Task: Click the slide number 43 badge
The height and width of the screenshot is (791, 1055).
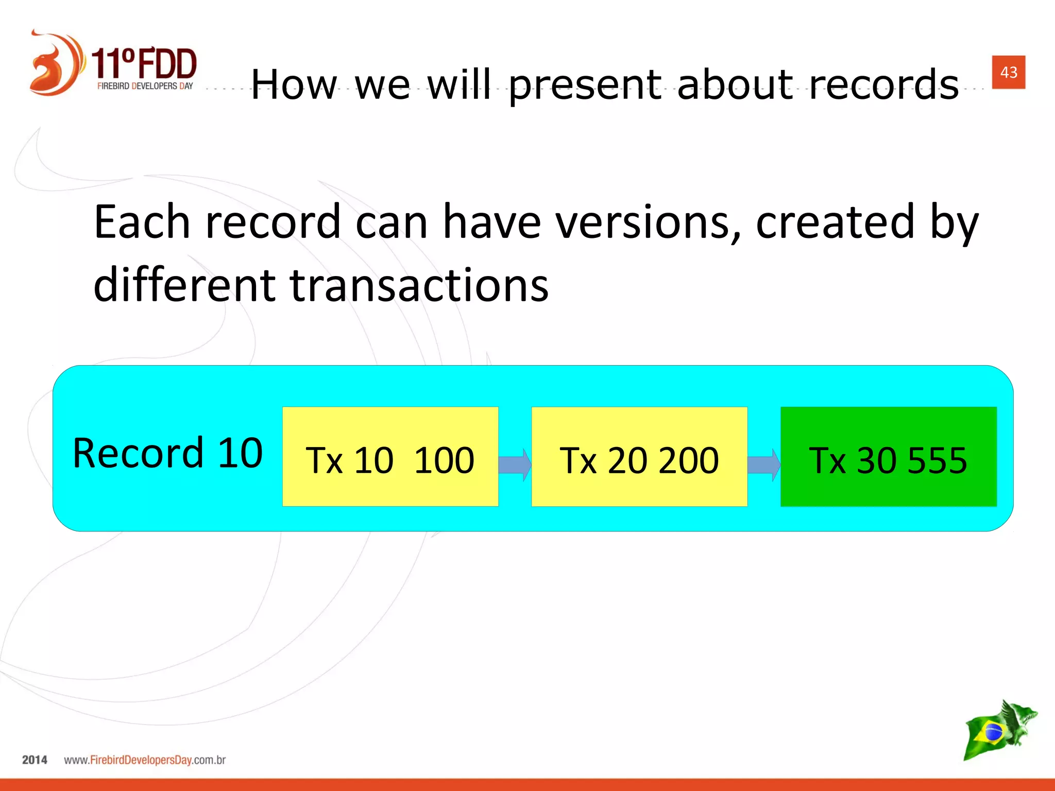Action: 1008,72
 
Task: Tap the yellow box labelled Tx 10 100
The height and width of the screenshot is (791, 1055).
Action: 390,457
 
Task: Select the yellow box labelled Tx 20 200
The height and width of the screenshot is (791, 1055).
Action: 639,457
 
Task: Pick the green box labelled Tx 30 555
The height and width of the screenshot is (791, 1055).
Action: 888,457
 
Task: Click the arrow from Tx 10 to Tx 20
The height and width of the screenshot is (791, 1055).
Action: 515,465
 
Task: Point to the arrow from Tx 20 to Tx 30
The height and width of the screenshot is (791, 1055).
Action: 764,465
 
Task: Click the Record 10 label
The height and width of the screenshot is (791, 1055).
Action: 167,453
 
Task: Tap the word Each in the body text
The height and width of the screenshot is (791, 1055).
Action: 142,222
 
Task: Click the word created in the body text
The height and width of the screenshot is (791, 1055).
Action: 835,222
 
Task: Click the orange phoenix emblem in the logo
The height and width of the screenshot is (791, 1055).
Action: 55,64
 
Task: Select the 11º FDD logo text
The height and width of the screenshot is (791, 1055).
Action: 144,64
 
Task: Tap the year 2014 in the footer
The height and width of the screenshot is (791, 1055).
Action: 35,760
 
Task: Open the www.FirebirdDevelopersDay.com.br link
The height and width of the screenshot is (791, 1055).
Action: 145,760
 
